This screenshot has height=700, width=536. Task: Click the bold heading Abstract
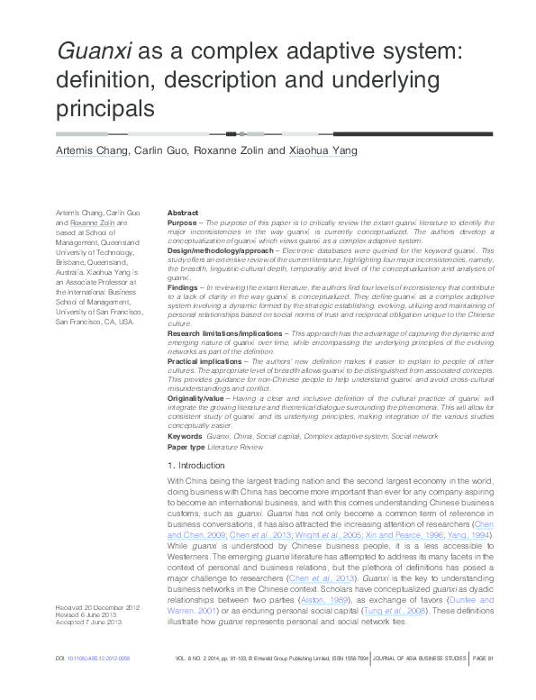[x=183, y=212]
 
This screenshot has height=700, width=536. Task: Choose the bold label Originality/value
[x=195, y=397]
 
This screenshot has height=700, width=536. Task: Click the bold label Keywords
[x=185, y=435]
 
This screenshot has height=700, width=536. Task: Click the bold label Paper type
[x=186, y=446]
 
